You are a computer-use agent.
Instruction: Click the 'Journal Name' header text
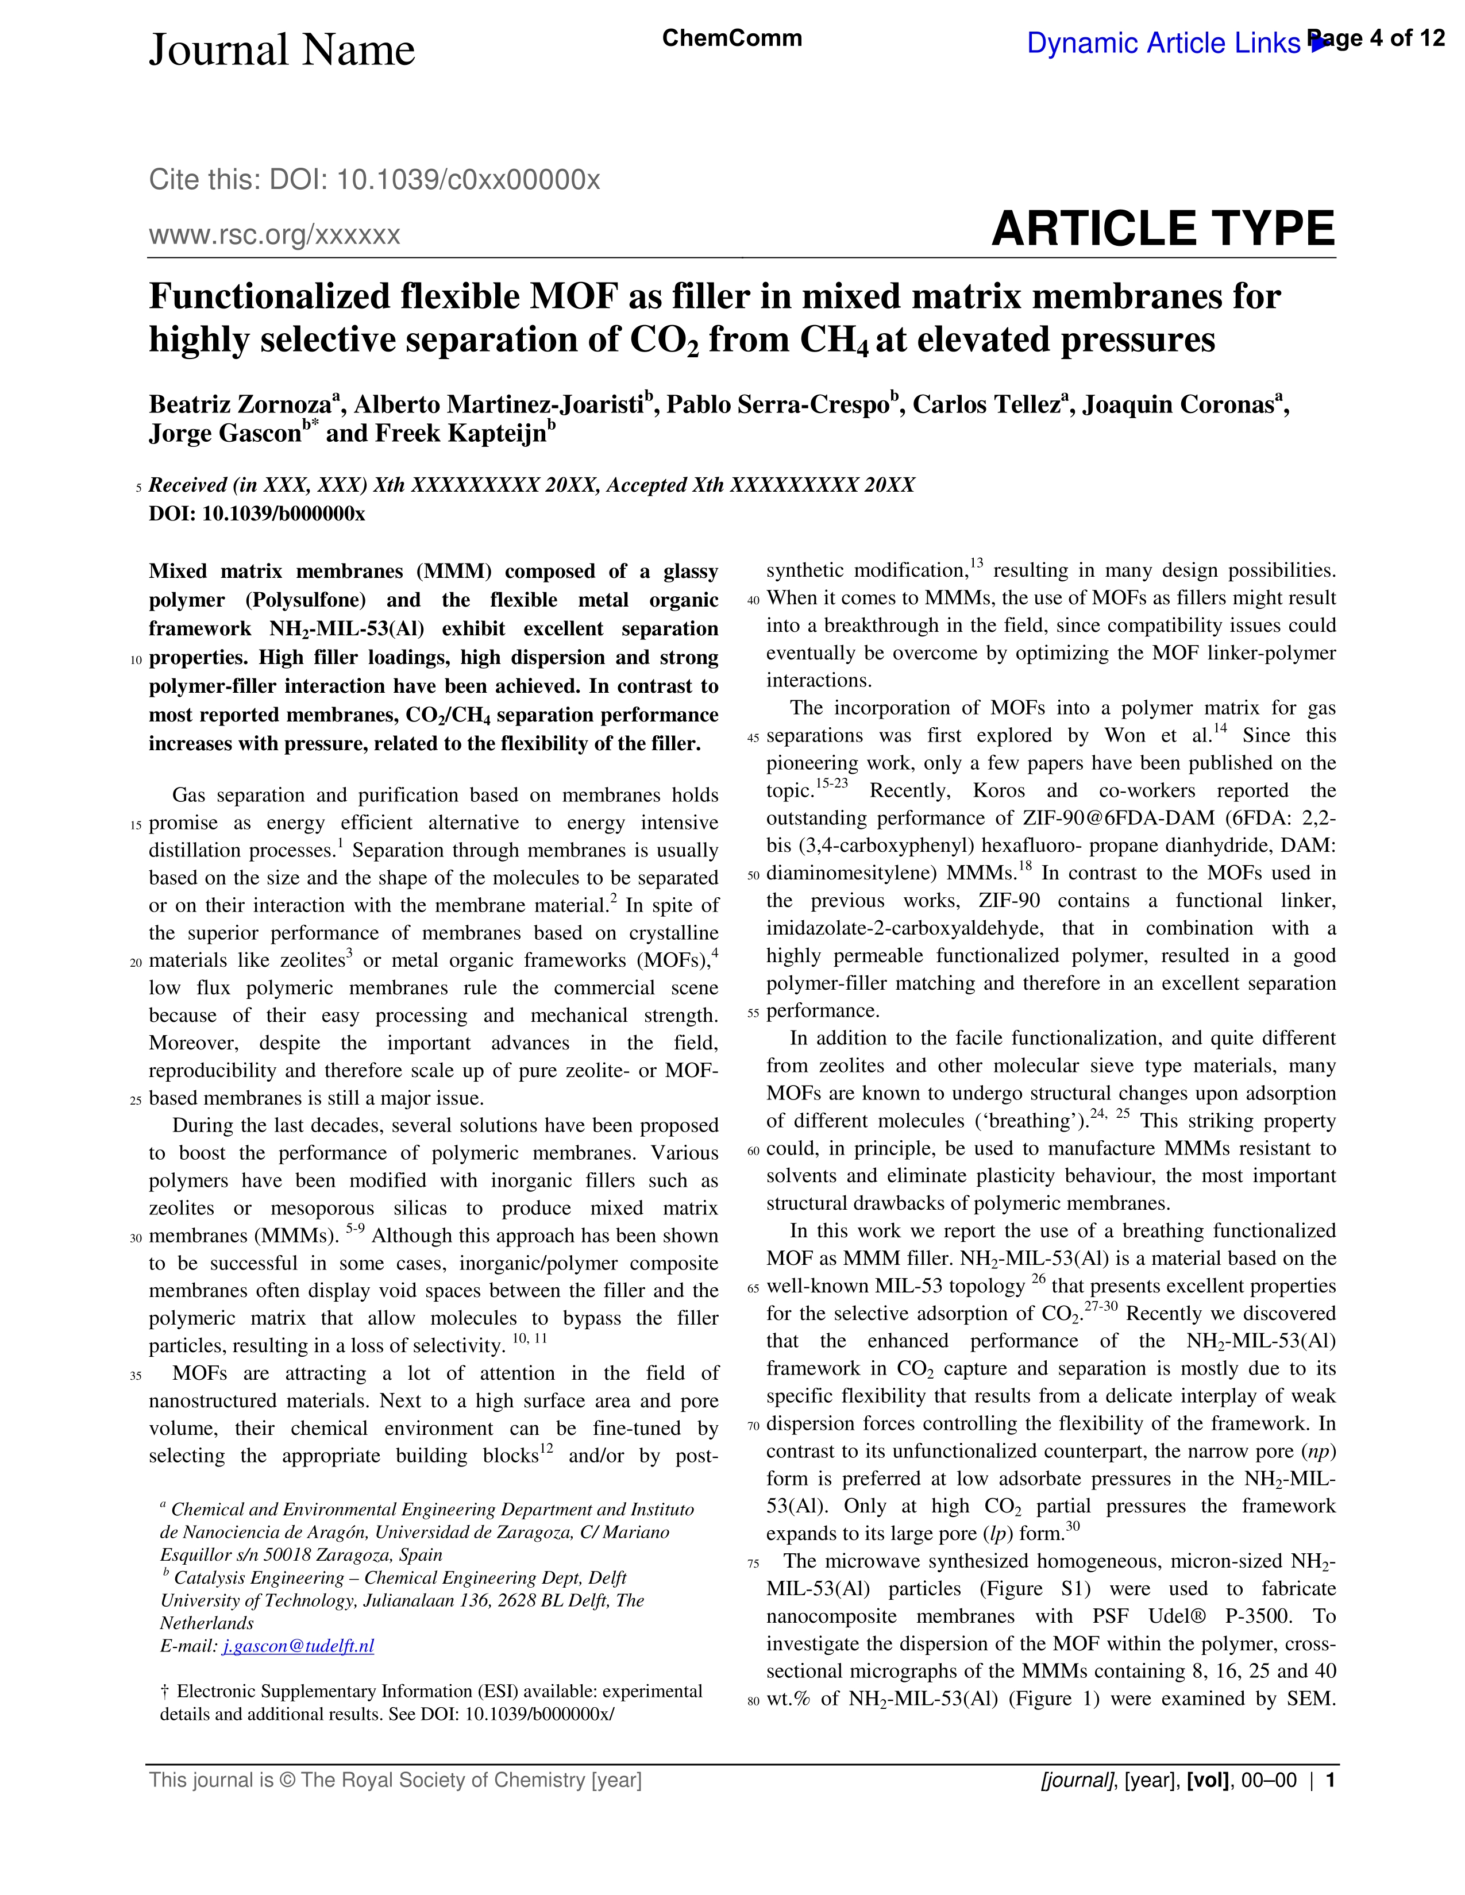(x=282, y=51)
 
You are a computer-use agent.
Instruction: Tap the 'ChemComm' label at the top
(x=731, y=38)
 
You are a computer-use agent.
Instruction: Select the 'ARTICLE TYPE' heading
(x=1162, y=229)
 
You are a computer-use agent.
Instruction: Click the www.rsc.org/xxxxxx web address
(x=274, y=235)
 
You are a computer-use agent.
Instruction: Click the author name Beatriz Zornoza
(x=240, y=405)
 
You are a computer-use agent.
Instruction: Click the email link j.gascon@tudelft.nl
(x=298, y=1646)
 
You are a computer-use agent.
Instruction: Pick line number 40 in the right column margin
(x=753, y=600)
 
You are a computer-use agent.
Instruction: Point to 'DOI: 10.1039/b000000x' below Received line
(x=257, y=514)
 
